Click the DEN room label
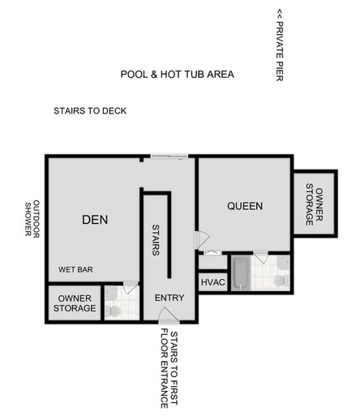click(x=95, y=219)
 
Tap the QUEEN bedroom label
click(x=244, y=206)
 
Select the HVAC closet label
click(x=212, y=281)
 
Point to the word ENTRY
click(x=169, y=298)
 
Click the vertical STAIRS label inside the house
click(x=155, y=241)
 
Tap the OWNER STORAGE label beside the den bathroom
click(x=75, y=303)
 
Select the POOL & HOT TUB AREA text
click(x=177, y=75)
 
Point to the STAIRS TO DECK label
click(x=90, y=111)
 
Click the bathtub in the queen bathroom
click(x=240, y=273)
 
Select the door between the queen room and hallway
click(x=201, y=240)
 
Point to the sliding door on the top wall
click(x=169, y=157)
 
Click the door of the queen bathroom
click(x=261, y=257)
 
